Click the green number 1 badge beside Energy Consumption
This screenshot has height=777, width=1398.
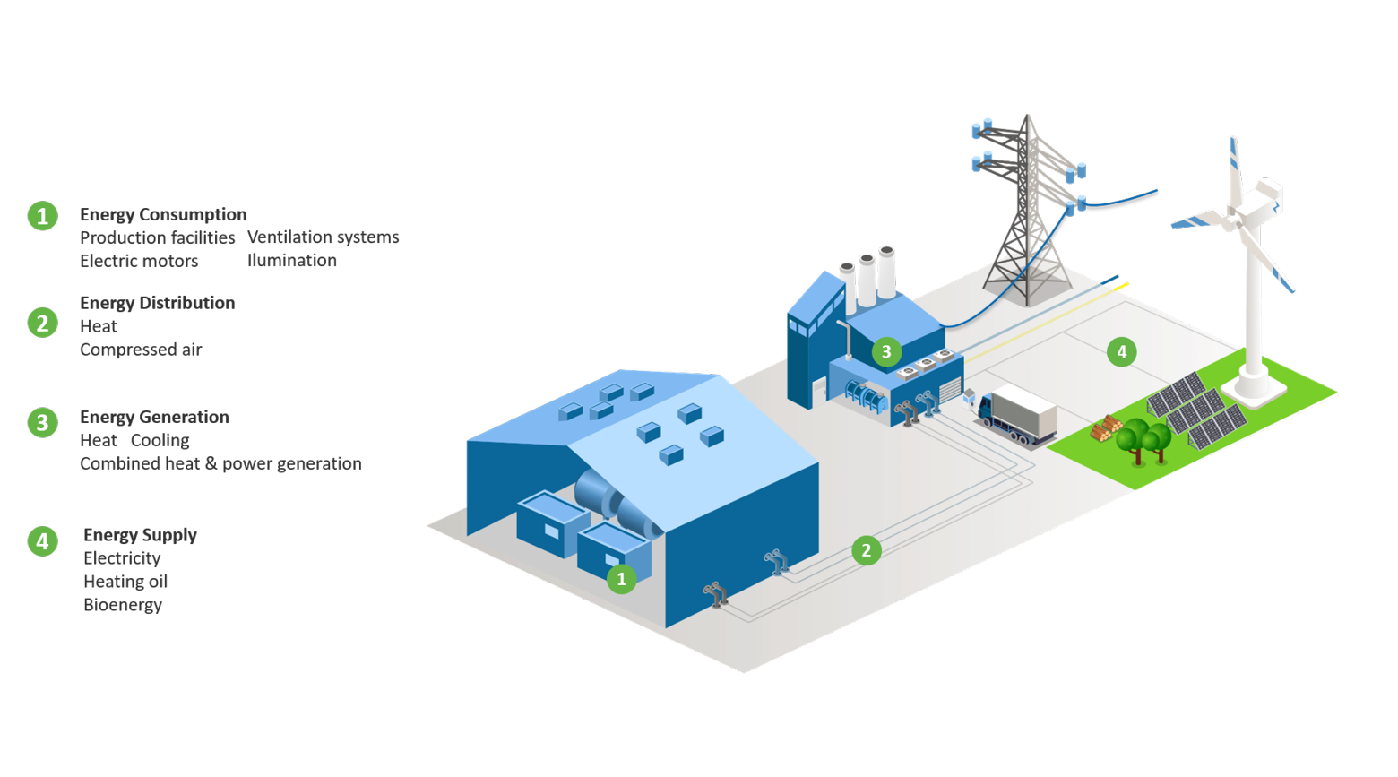pos(42,216)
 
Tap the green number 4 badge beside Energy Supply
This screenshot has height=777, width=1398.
pos(42,541)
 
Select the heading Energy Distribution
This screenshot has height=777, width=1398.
pos(157,303)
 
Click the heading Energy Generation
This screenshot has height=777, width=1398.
pos(154,417)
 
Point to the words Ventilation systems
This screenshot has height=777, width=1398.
pos(323,237)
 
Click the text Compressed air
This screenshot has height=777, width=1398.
pos(141,350)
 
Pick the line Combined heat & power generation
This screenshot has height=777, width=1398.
pos(220,463)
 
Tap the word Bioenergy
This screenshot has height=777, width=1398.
pos(123,605)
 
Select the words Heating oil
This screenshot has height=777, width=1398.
pos(125,582)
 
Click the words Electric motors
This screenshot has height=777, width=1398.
pos(139,261)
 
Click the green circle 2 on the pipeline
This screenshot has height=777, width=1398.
pos(866,550)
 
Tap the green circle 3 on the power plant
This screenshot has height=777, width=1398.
pos(886,351)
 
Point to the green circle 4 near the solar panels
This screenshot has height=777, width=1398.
pos(1121,351)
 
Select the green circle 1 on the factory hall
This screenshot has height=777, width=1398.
pos(621,579)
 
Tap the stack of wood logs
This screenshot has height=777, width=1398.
pos(1105,428)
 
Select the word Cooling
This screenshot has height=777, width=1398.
pos(160,440)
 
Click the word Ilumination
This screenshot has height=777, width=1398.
pos(292,261)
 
